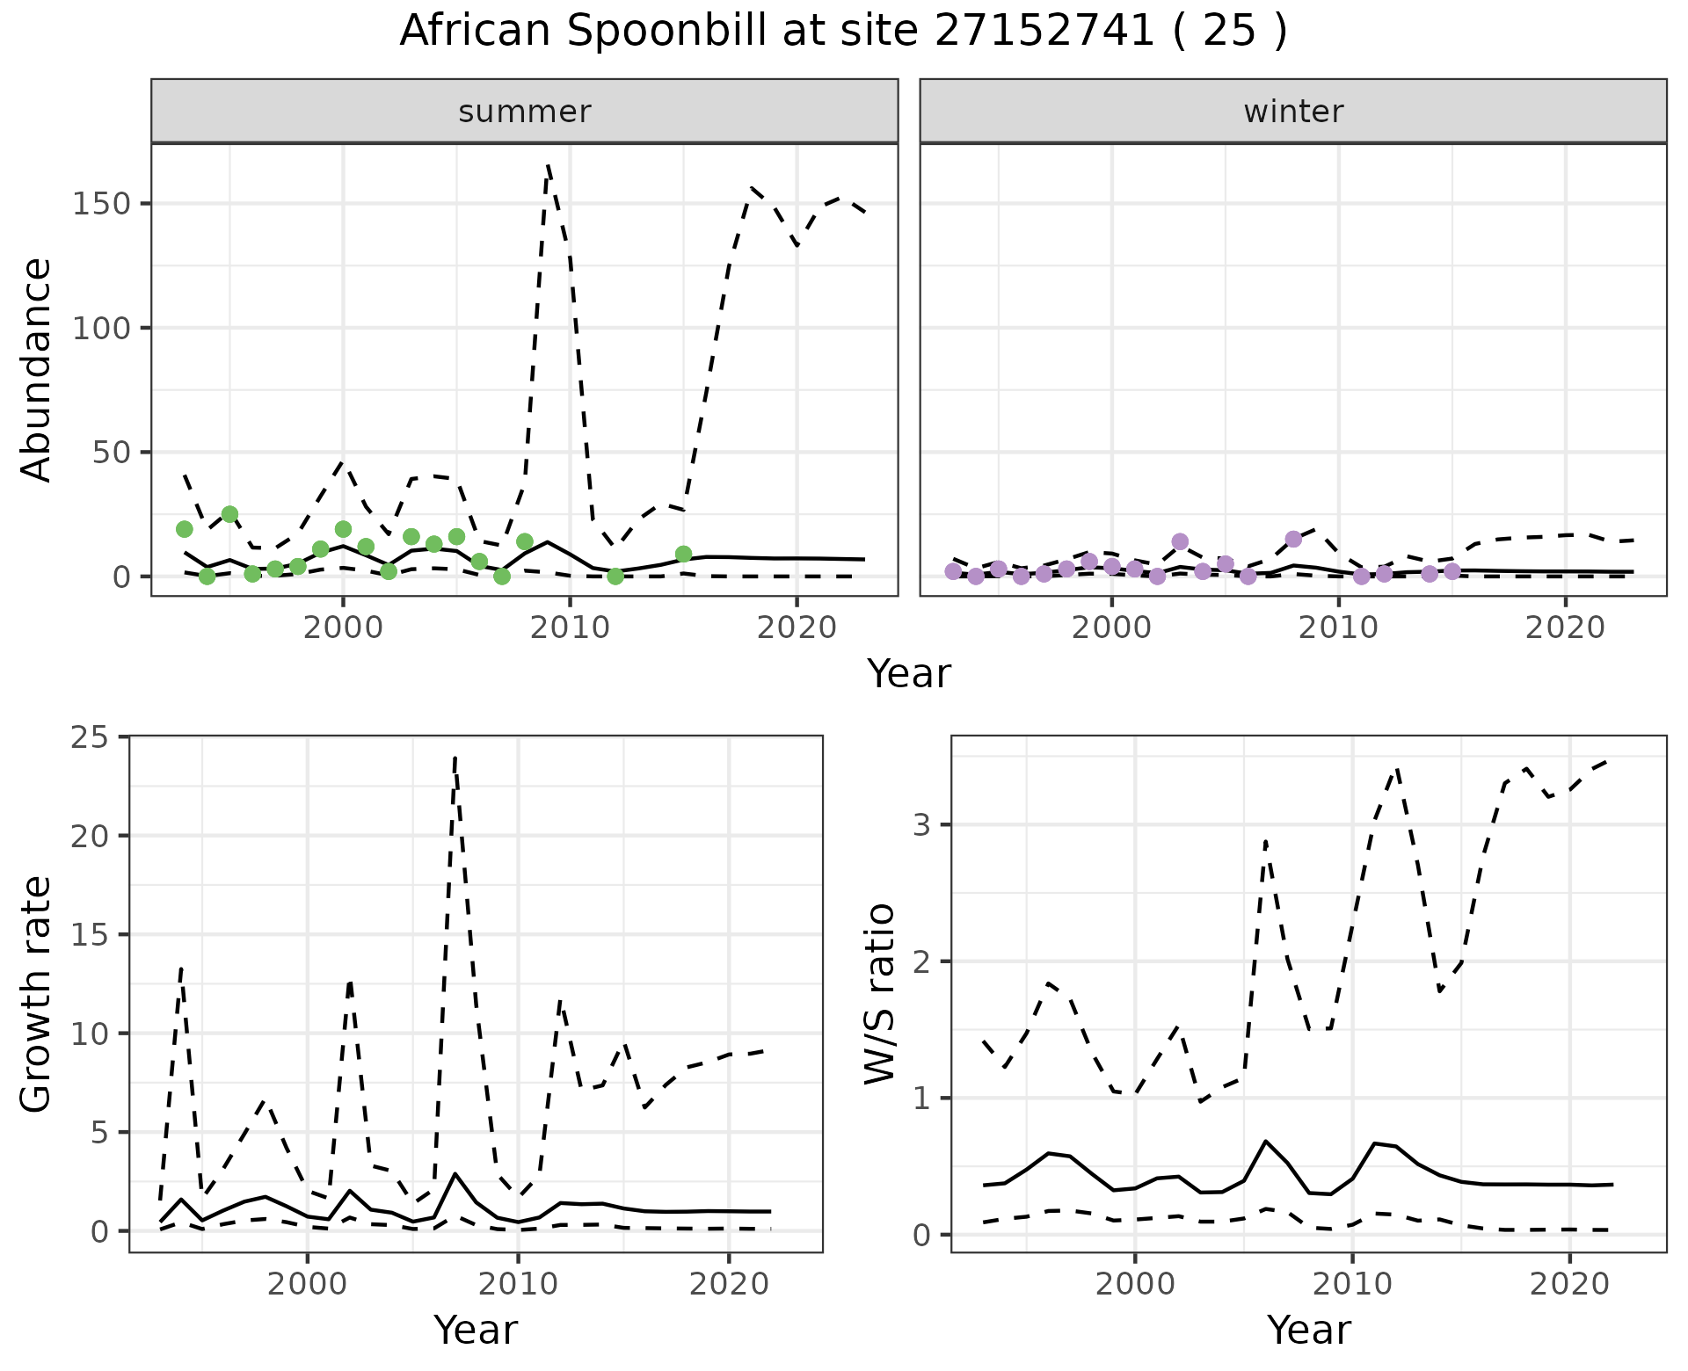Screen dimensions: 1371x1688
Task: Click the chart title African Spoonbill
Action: tap(842, 32)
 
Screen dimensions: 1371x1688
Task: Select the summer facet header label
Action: tap(525, 112)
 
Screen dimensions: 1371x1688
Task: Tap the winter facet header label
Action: tap(1293, 112)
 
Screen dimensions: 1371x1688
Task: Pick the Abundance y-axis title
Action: tap(37, 369)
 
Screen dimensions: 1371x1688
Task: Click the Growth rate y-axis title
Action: tap(37, 994)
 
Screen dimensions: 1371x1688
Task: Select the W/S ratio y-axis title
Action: tap(879, 994)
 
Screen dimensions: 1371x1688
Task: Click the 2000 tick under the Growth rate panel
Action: tap(307, 1284)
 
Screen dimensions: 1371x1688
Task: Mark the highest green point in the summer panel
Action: tap(229, 514)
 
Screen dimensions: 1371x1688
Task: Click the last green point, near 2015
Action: tap(683, 554)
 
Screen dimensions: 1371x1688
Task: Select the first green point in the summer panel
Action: tap(185, 529)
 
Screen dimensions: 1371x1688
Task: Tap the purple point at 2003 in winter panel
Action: tap(1180, 541)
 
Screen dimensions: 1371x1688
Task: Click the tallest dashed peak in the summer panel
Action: tap(548, 164)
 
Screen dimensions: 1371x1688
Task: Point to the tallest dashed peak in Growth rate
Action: tap(455, 758)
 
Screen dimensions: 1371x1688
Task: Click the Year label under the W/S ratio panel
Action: tap(1308, 1331)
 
